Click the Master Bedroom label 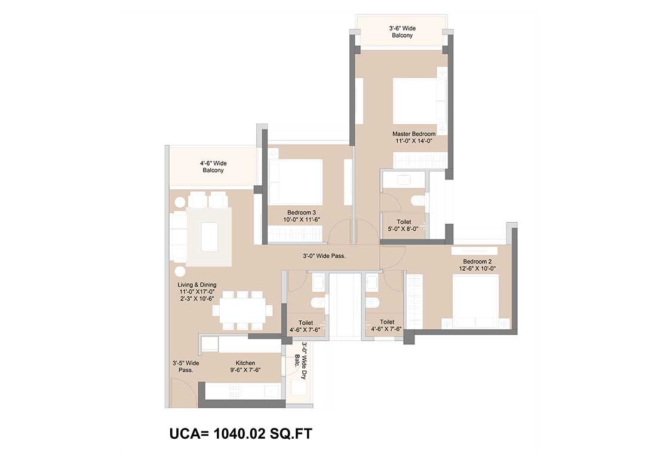[414, 134]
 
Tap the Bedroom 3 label [302, 213]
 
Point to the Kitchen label [245, 363]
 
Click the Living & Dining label [197, 284]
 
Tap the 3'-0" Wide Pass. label [324, 256]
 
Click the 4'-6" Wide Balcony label [213, 167]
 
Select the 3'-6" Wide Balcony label [402, 32]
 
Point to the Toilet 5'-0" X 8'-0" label [404, 225]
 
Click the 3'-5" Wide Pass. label [186, 366]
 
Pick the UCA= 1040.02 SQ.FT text [241, 433]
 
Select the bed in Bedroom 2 [476, 302]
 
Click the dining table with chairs [242, 311]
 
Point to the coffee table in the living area [210, 237]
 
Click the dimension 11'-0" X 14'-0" [414, 141]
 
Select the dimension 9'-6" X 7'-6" [245, 370]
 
